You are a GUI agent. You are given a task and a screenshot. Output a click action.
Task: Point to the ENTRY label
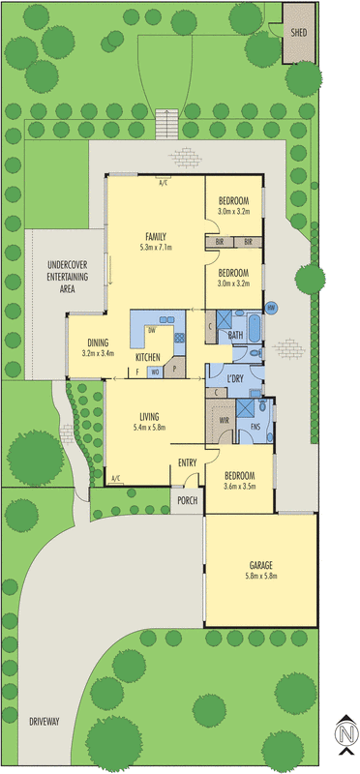[x=188, y=463]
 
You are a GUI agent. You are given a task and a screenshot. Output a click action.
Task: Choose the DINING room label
[x=98, y=342]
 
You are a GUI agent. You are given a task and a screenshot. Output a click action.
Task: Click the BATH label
[x=235, y=335]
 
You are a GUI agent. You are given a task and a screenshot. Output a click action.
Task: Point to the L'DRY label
[x=233, y=378]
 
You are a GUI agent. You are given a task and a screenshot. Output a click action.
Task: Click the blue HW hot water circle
[x=272, y=308]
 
